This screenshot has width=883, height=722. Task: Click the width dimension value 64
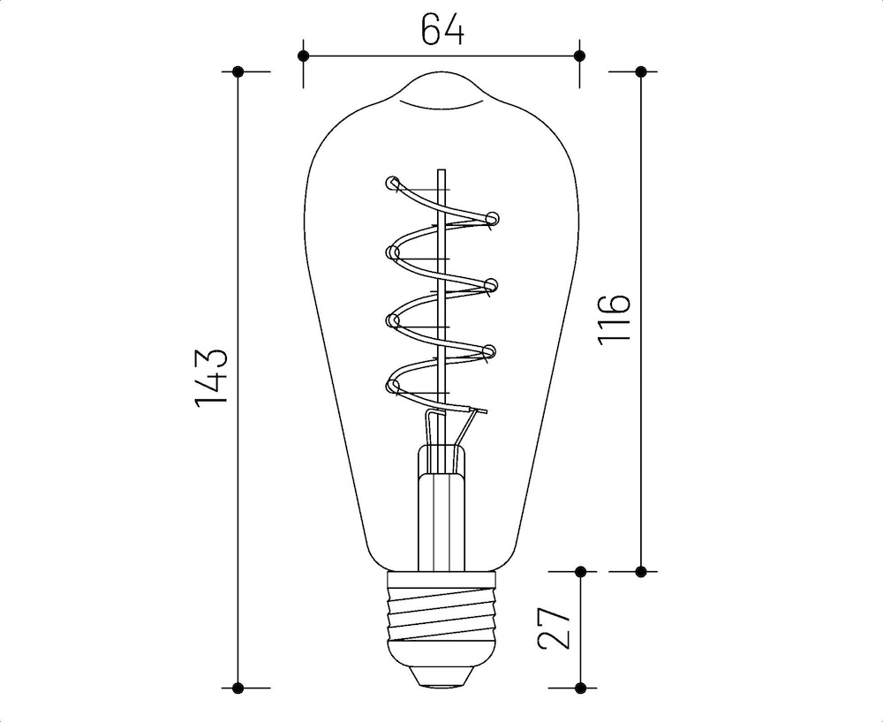coord(441,29)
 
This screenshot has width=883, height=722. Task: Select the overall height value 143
coord(213,378)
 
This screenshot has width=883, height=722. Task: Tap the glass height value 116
coord(616,319)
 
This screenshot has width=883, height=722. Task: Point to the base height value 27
coord(555,628)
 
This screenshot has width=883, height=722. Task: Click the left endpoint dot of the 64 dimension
coord(303,56)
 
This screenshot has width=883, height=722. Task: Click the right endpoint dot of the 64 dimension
coord(579,56)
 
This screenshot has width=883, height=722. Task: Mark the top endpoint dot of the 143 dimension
coord(238,71)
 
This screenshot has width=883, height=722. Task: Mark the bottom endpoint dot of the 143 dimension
coord(238,687)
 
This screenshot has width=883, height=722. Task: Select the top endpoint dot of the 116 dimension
coord(641,71)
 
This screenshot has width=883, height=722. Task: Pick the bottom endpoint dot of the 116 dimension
coord(641,570)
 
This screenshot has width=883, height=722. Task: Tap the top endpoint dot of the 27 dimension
coord(579,571)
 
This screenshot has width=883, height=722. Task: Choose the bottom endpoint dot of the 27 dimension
coord(579,687)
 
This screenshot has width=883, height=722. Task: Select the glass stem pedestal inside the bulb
coord(441,512)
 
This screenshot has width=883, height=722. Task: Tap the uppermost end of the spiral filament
coord(392,184)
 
